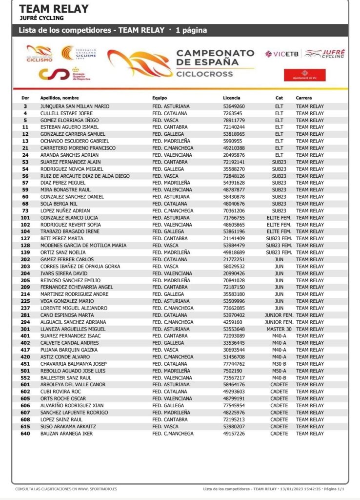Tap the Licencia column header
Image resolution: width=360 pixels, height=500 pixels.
coord(231,98)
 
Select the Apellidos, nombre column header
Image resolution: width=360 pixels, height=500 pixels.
coord(60,98)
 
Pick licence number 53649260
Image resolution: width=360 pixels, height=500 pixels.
coord(234,106)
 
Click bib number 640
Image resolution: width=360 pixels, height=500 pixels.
coord(25,434)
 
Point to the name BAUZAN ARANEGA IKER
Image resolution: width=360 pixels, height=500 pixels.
coord(66,434)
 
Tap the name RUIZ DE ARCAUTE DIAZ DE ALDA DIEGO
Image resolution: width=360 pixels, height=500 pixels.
coord(85,176)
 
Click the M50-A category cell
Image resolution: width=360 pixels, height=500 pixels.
coord(279,371)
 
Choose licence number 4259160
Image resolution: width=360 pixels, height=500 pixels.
coord(232,322)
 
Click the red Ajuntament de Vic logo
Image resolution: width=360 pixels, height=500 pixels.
coord(298,75)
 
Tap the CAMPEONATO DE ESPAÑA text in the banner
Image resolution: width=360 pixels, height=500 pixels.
coord(215,57)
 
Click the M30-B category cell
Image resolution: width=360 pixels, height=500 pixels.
coord(279,364)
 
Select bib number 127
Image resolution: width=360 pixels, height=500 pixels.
coord(25,238)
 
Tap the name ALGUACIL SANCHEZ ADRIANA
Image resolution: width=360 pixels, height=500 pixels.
coord(72,322)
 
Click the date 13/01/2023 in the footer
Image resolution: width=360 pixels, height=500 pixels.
coord(291,489)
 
